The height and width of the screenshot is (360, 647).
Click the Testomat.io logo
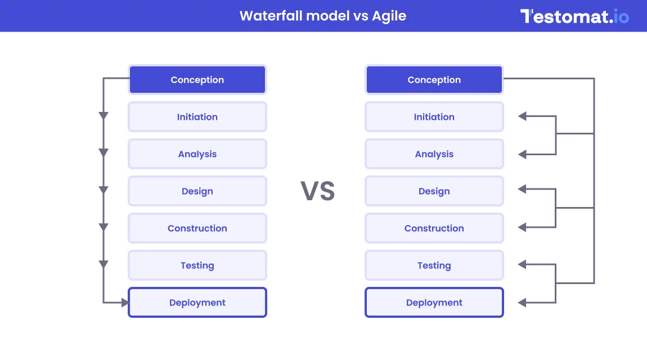tap(574, 16)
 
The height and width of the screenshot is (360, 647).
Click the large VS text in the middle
tap(318, 191)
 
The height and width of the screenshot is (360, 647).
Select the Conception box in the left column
tap(197, 79)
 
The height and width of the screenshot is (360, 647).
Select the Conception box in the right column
tap(434, 79)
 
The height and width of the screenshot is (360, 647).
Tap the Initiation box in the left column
tap(197, 116)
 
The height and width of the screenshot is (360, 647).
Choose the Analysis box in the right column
tap(434, 154)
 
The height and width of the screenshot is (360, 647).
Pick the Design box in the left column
tap(197, 191)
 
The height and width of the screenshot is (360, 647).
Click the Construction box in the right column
tap(434, 228)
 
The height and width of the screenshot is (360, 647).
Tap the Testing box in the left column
tap(197, 265)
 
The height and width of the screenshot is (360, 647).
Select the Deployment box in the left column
tap(197, 302)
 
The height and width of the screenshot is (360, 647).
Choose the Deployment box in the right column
tap(434, 302)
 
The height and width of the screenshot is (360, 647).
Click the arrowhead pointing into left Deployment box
tap(124, 303)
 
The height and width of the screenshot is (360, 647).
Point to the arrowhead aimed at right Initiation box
tap(523, 116)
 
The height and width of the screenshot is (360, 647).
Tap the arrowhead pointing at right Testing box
tap(523, 264)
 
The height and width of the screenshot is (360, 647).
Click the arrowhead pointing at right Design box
tap(523, 189)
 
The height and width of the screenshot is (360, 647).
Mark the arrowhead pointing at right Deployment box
tap(523, 303)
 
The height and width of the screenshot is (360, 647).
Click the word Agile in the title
tap(389, 16)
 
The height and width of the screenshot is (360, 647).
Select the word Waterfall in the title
tap(271, 16)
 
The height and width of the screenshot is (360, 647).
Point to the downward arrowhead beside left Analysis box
tap(104, 152)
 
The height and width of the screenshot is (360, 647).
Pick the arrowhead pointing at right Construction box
tap(523, 227)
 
